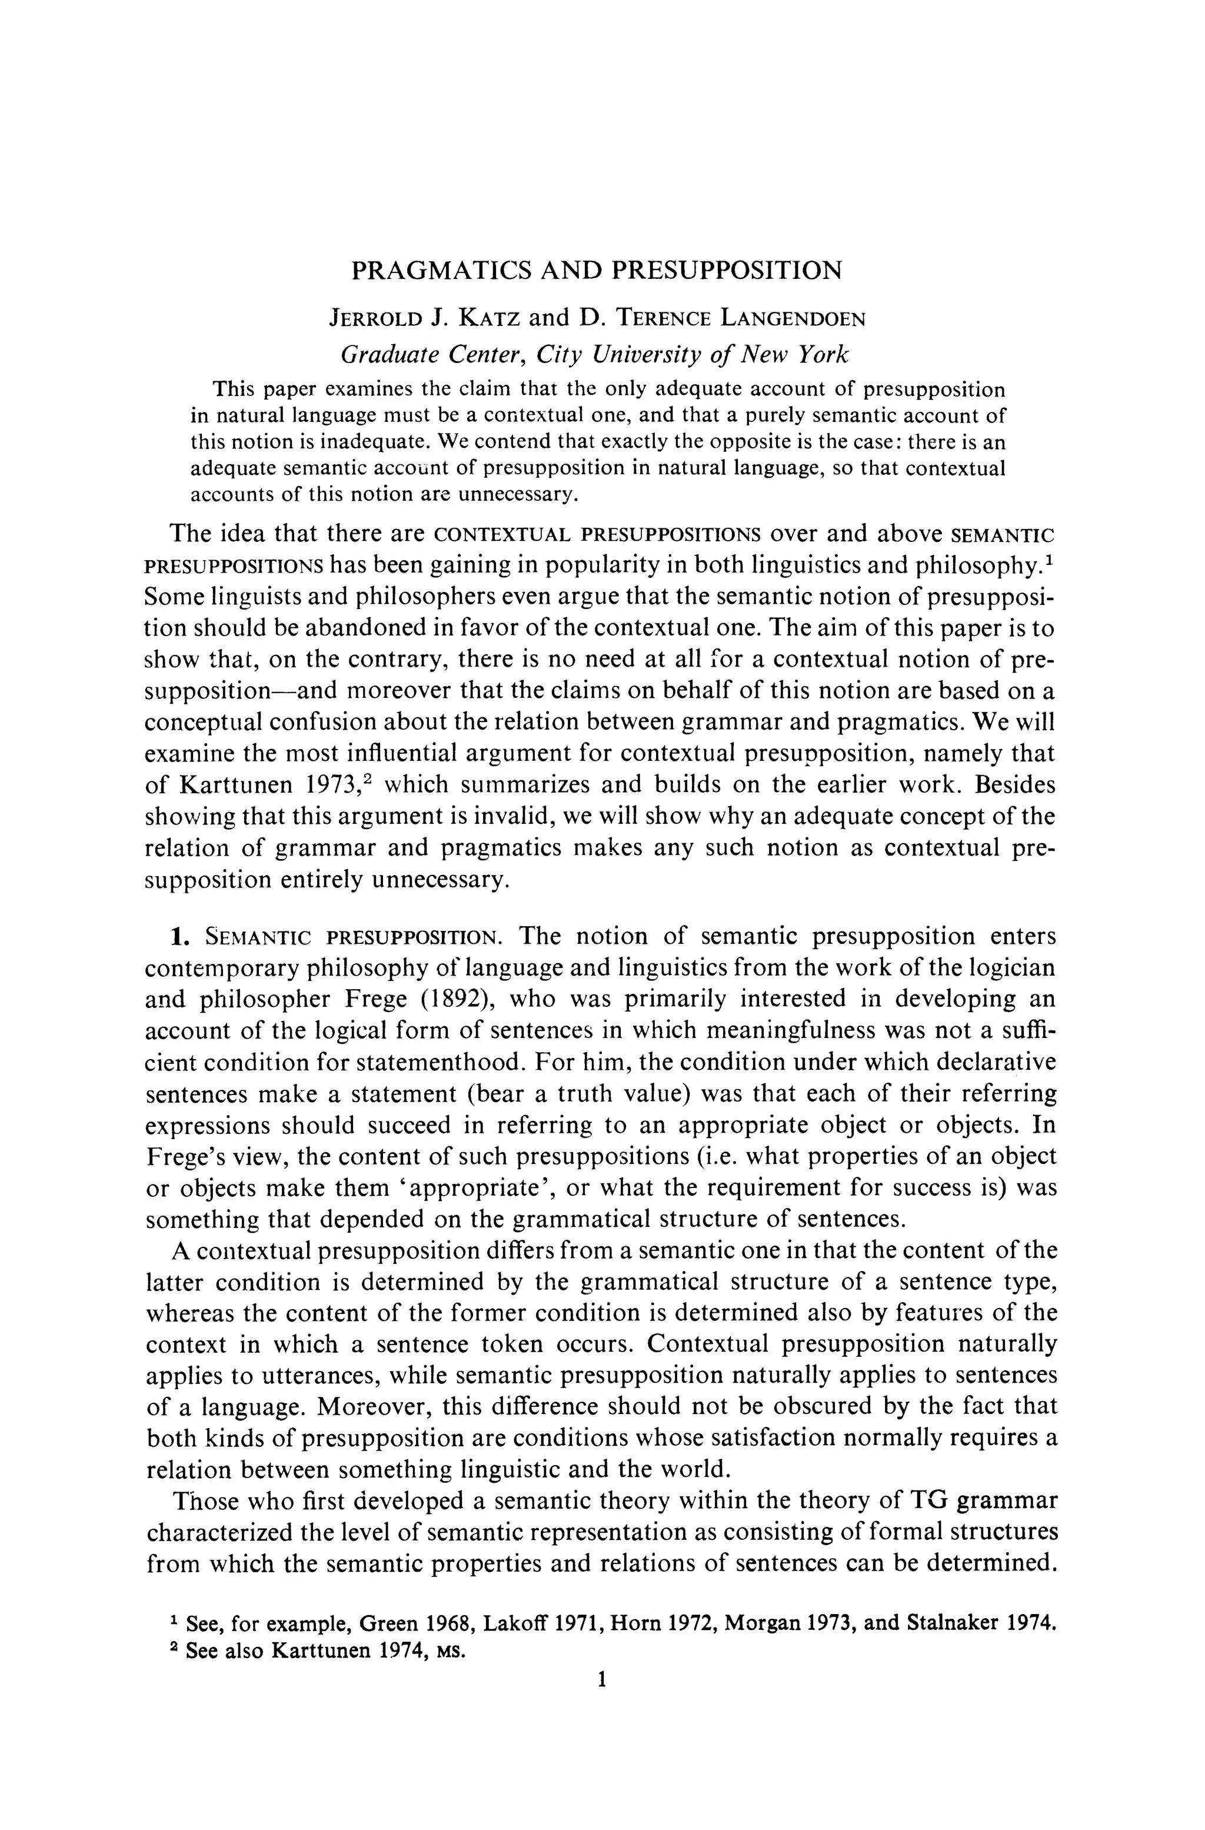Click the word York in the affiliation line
[x=824, y=354]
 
